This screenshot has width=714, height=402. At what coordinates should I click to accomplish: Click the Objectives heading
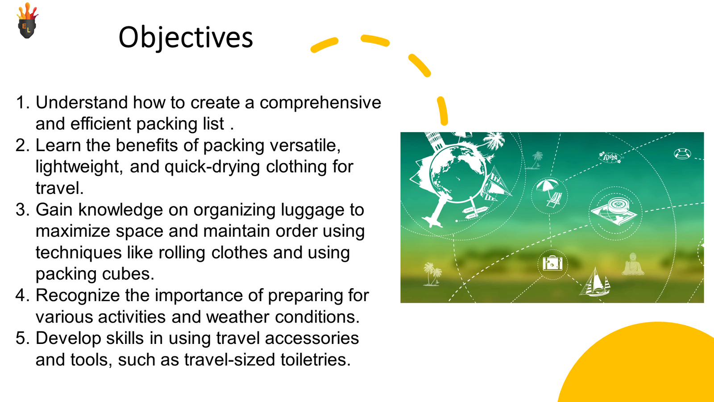click(186, 38)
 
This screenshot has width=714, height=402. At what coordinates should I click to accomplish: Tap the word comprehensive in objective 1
click(320, 103)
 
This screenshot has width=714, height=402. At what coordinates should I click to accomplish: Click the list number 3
click(22, 210)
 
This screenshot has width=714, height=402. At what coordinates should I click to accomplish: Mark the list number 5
click(22, 338)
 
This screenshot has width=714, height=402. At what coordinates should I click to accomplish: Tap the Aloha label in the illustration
click(610, 157)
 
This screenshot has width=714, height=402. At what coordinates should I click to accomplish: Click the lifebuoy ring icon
click(682, 154)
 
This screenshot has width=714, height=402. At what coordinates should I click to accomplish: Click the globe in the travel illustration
click(458, 174)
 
